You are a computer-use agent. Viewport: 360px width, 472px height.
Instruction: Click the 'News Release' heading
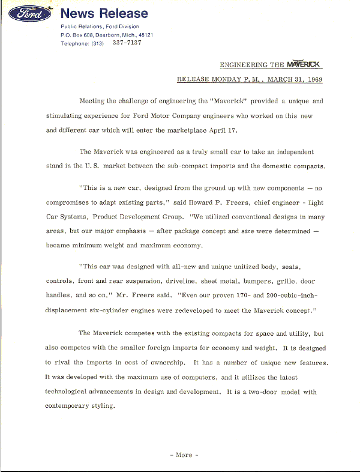coord(104,13)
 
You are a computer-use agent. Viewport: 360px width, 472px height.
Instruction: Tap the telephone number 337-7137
coord(127,43)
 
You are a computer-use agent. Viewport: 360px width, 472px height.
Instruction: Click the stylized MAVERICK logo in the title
coord(304,64)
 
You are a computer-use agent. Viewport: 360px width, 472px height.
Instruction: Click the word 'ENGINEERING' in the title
coord(244,64)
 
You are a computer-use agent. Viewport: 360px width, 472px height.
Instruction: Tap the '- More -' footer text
coord(184,455)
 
